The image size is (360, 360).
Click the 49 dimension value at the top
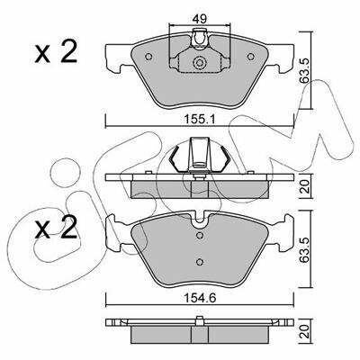(x=199, y=20)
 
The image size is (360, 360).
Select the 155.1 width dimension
(x=200, y=120)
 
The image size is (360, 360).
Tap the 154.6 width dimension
(x=200, y=298)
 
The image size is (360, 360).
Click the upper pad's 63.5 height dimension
(x=305, y=70)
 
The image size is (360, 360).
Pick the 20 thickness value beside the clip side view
(x=305, y=186)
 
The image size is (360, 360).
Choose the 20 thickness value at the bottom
(x=305, y=331)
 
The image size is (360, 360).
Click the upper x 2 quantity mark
(x=56, y=51)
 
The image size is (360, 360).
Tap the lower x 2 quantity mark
(x=56, y=228)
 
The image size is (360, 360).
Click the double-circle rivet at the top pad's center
(x=200, y=63)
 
